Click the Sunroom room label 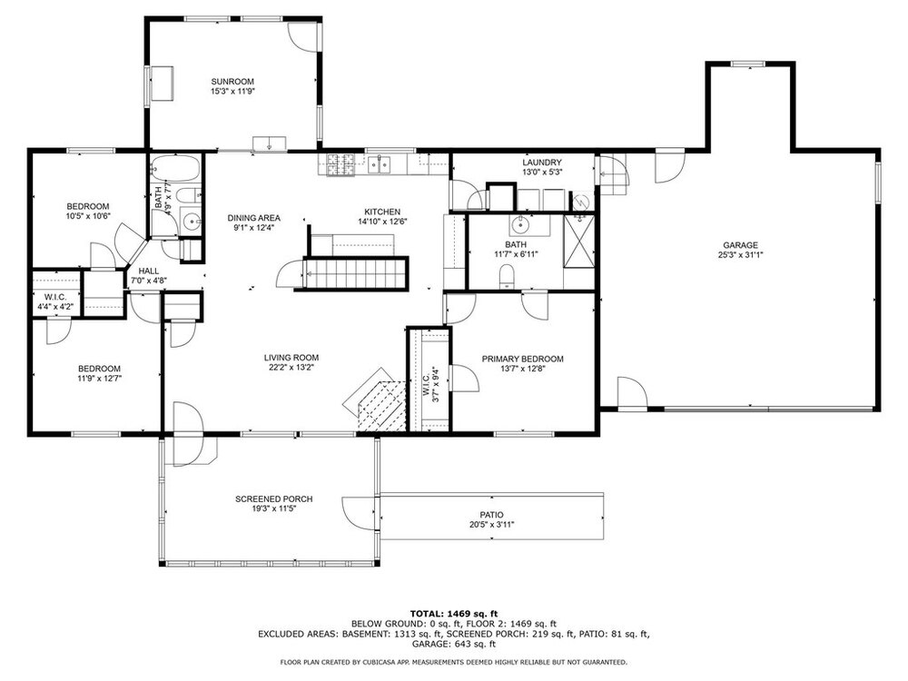(x=232, y=82)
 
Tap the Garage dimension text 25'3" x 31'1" (x=740, y=255)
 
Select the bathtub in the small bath (x=175, y=169)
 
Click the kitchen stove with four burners (x=340, y=164)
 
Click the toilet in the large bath (x=507, y=276)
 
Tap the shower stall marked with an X (x=579, y=242)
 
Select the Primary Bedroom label (x=522, y=359)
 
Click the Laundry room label (x=542, y=163)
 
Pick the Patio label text (x=491, y=515)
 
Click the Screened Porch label (x=274, y=499)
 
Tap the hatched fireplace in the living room (x=377, y=405)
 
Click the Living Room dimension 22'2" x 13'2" (x=291, y=367)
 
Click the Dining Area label (x=253, y=218)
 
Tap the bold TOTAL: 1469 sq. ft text (x=454, y=614)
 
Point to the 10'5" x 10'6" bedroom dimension (x=88, y=216)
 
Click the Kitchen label (x=382, y=212)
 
